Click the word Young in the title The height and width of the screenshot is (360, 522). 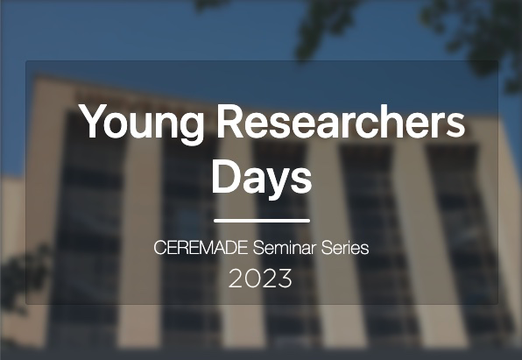141,124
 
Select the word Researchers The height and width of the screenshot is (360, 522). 341,121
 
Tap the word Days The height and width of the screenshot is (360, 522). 262,179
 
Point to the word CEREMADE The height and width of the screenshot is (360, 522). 201,248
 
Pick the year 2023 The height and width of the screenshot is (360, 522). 260,279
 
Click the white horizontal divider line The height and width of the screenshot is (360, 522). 262,221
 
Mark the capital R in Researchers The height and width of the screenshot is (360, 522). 230,121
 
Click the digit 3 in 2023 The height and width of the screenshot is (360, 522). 285,279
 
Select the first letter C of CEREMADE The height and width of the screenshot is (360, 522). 159,248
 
